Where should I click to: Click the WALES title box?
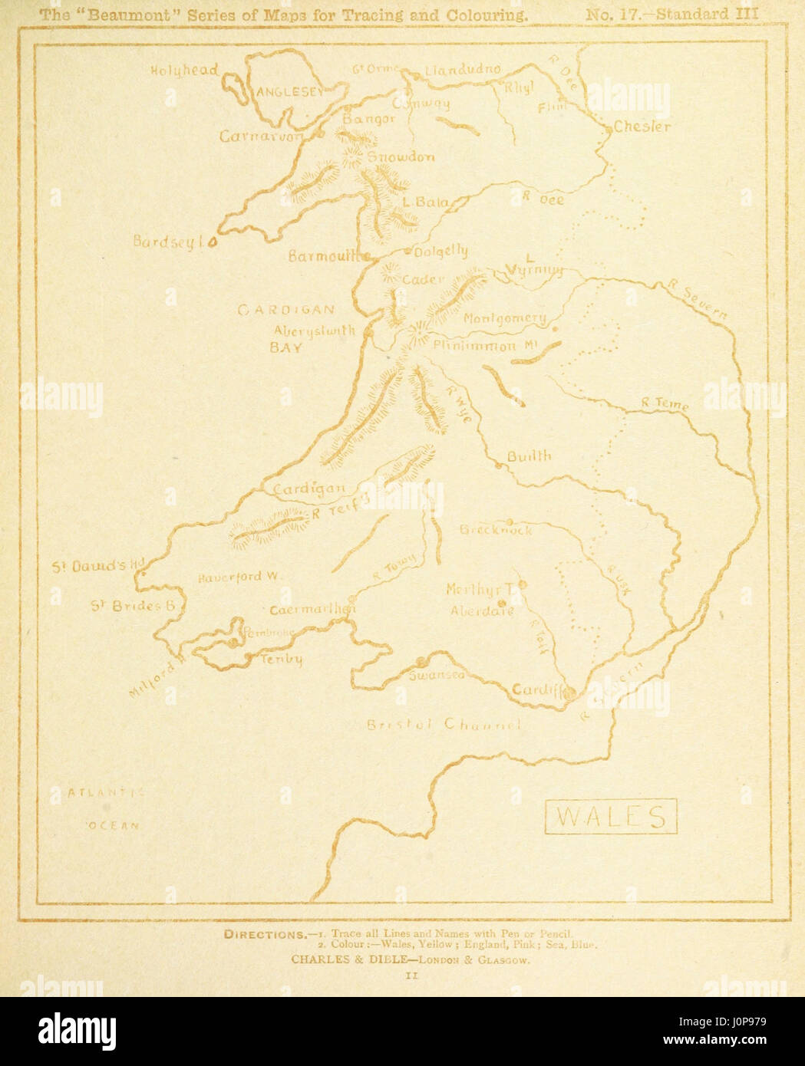611,816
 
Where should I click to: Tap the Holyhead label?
183,71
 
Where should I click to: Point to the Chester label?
642,127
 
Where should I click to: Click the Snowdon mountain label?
401,157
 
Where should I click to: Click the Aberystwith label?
315,331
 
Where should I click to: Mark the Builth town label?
529,456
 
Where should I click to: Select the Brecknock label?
496,530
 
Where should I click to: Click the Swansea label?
436,675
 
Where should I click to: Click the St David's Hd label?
97,567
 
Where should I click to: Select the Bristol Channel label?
444,725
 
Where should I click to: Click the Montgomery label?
505,318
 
